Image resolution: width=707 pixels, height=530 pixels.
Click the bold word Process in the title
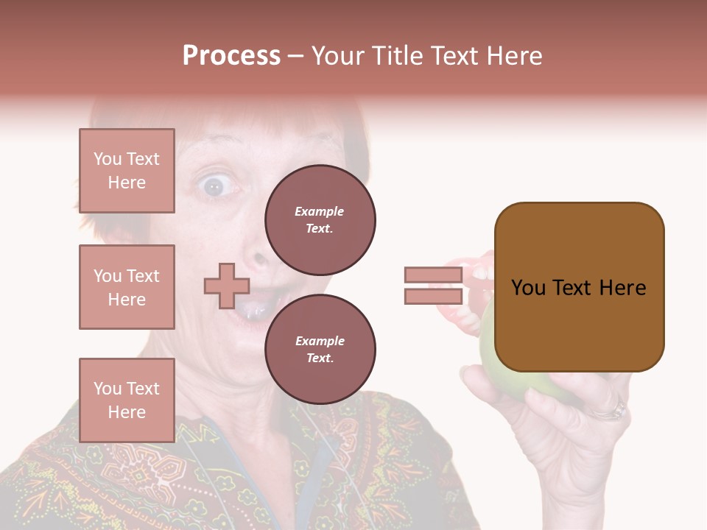(x=231, y=56)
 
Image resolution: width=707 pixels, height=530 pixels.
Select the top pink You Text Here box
(x=127, y=171)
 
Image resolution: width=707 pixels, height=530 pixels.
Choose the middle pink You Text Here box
(x=127, y=287)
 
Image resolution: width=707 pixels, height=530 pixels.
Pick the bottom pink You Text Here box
(x=127, y=400)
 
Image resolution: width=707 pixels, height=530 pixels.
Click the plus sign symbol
(x=227, y=286)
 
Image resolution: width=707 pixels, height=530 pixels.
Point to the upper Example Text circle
(x=320, y=219)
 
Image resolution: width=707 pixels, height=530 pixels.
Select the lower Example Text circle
(x=320, y=349)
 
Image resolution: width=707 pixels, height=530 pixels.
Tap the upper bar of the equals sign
(x=433, y=275)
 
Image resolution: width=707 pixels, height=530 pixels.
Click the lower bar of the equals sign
(x=433, y=296)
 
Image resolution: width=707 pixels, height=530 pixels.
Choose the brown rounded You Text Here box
(x=579, y=287)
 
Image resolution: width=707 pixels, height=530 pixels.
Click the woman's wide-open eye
(x=214, y=186)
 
